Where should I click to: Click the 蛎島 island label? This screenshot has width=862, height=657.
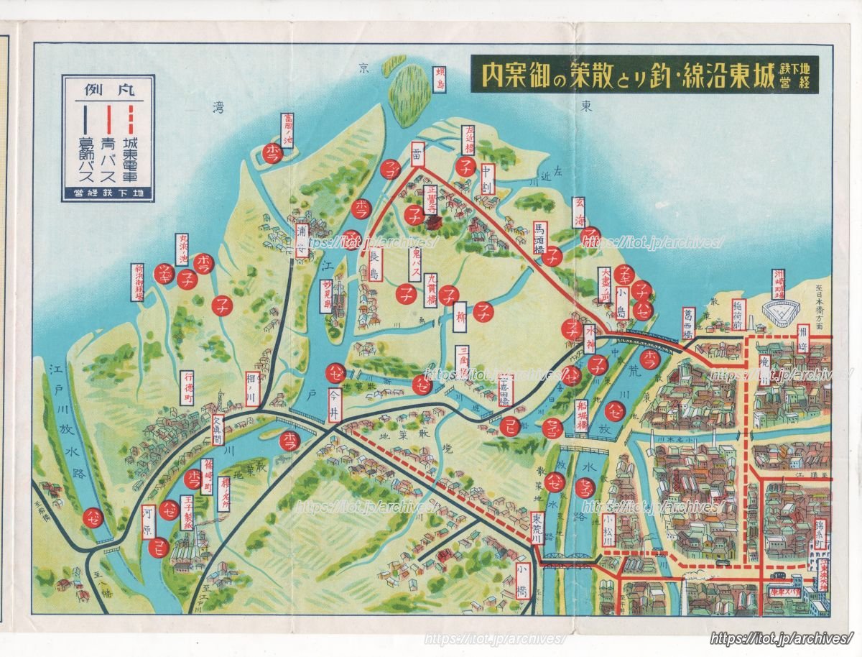coord(440,80)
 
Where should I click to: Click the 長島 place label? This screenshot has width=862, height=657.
coord(376,265)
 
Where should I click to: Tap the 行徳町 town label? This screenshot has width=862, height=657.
coord(187,388)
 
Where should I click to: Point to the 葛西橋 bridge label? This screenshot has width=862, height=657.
coord(689,322)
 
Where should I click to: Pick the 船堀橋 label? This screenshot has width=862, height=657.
coord(580,413)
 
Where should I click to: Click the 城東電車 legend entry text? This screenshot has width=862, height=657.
coord(131,149)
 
